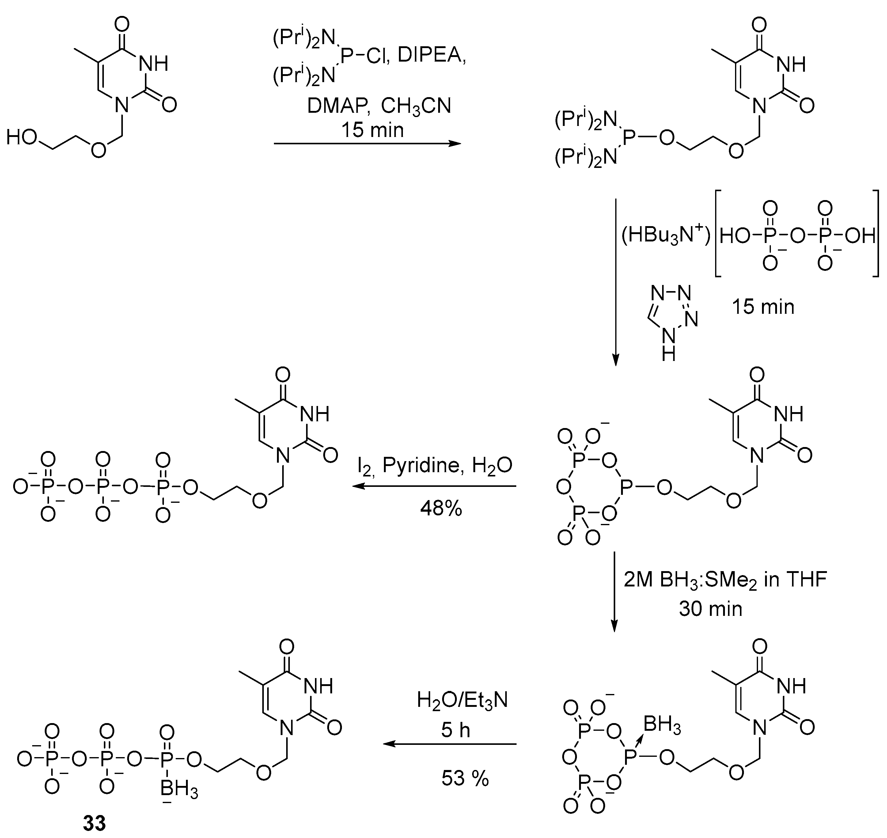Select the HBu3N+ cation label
tap(666, 235)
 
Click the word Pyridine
tap(420, 466)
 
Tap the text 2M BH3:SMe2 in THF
tap(725, 580)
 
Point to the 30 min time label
tap(710, 609)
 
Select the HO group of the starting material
tap(21, 138)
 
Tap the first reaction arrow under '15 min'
tap(367, 144)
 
